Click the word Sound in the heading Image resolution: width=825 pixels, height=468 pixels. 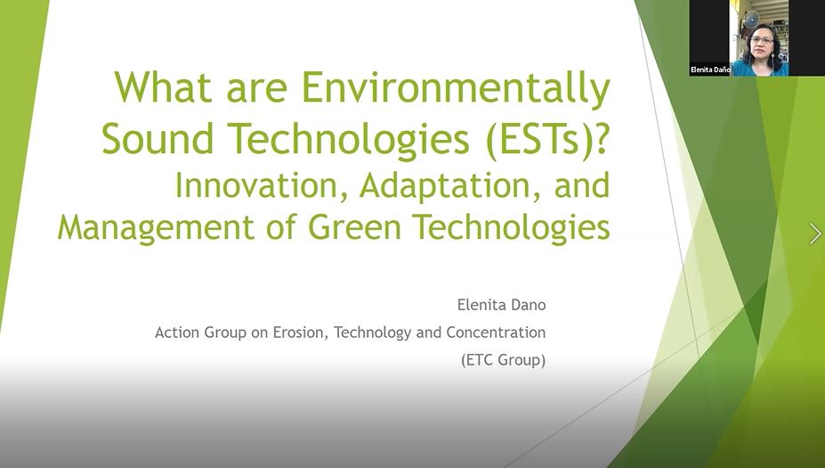tap(158, 138)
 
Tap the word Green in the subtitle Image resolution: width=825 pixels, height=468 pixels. tap(354, 227)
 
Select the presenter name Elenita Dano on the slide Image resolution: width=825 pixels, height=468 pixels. tap(501, 305)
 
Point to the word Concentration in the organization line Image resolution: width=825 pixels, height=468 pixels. tap(496, 333)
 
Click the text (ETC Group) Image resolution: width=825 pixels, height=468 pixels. tap(503, 360)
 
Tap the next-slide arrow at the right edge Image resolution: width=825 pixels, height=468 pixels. tap(815, 234)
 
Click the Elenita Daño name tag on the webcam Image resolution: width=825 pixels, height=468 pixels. tap(710, 70)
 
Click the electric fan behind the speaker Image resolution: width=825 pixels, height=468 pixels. tap(751, 19)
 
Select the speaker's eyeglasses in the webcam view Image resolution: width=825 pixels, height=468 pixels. tap(762, 39)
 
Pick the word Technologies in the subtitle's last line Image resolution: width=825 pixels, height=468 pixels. tap(511, 228)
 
